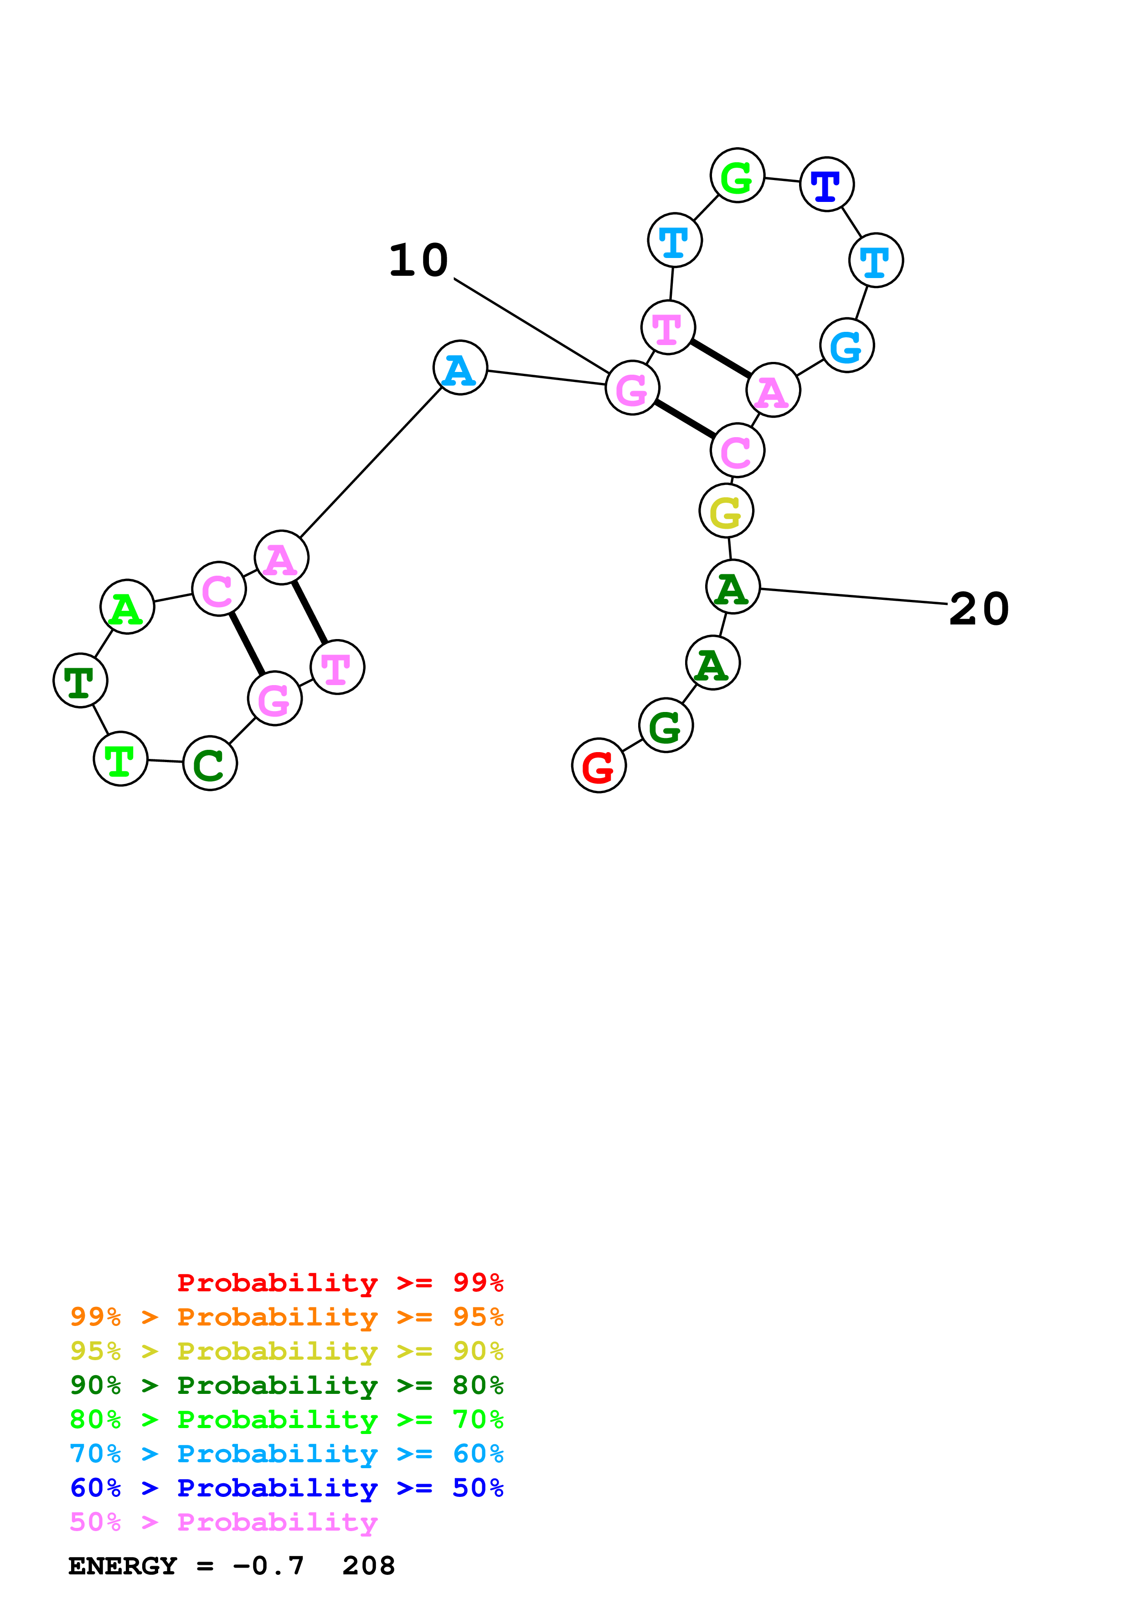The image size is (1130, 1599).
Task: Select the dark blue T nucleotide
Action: [826, 185]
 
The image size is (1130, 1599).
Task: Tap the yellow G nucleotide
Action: [726, 511]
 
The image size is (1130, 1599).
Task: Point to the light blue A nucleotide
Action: [460, 368]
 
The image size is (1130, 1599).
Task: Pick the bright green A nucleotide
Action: [128, 607]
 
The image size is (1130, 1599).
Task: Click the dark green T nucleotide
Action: [81, 681]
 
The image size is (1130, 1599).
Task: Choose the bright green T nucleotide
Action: [120, 759]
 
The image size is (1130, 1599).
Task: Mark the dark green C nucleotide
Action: [210, 763]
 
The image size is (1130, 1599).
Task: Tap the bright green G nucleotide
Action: [738, 175]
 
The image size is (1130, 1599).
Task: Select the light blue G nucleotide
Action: [846, 346]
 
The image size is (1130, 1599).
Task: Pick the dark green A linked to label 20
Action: [733, 587]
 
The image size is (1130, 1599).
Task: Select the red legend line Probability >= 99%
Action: [340, 1282]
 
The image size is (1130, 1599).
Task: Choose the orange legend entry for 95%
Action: [286, 1316]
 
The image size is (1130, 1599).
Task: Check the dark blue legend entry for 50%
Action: [286, 1488]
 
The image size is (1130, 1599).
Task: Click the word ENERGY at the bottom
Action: [123, 1566]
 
